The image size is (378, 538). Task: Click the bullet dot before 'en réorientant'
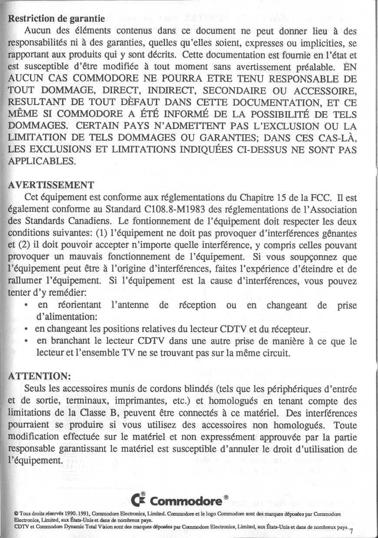[27, 305]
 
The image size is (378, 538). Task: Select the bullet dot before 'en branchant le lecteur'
[27, 342]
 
